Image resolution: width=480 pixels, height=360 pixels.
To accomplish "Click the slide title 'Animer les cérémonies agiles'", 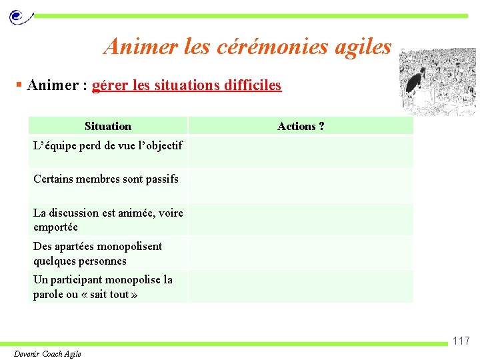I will pyautogui.click(x=247, y=46).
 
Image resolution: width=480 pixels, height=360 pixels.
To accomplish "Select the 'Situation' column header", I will pyautogui.click(x=108, y=126).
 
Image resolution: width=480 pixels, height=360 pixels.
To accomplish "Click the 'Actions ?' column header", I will pyautogui.click(x=301, y=126).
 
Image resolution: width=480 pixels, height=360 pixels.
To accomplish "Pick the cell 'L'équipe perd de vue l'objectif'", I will pyautogui.click(x=108, y=145).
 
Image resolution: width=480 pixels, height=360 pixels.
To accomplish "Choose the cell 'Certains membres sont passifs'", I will pyautogui.click(x=106, y=179).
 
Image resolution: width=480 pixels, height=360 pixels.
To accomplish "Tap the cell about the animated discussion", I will pyautogui.click(x=108, y=219).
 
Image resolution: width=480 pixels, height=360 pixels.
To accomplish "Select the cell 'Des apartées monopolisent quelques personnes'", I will pyautogui.click(x=98, y=253).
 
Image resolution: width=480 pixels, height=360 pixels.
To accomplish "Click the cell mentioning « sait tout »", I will pyautogui.click(x=103, y=287).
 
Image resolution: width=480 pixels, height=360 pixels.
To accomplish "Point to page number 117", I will pyautogui.click(x=461, y=341).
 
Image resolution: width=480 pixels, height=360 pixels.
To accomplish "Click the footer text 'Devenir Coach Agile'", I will pyautogui.click(x=47, y=353).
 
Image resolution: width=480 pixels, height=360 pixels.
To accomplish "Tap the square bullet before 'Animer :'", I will pyautogui.click(x=19, y=85).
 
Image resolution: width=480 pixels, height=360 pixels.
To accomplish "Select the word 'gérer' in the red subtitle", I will pyautogui.click(x=107, y=85).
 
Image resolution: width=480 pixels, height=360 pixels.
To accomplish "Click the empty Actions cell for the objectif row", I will pyautogui.click(x=301, y=151).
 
